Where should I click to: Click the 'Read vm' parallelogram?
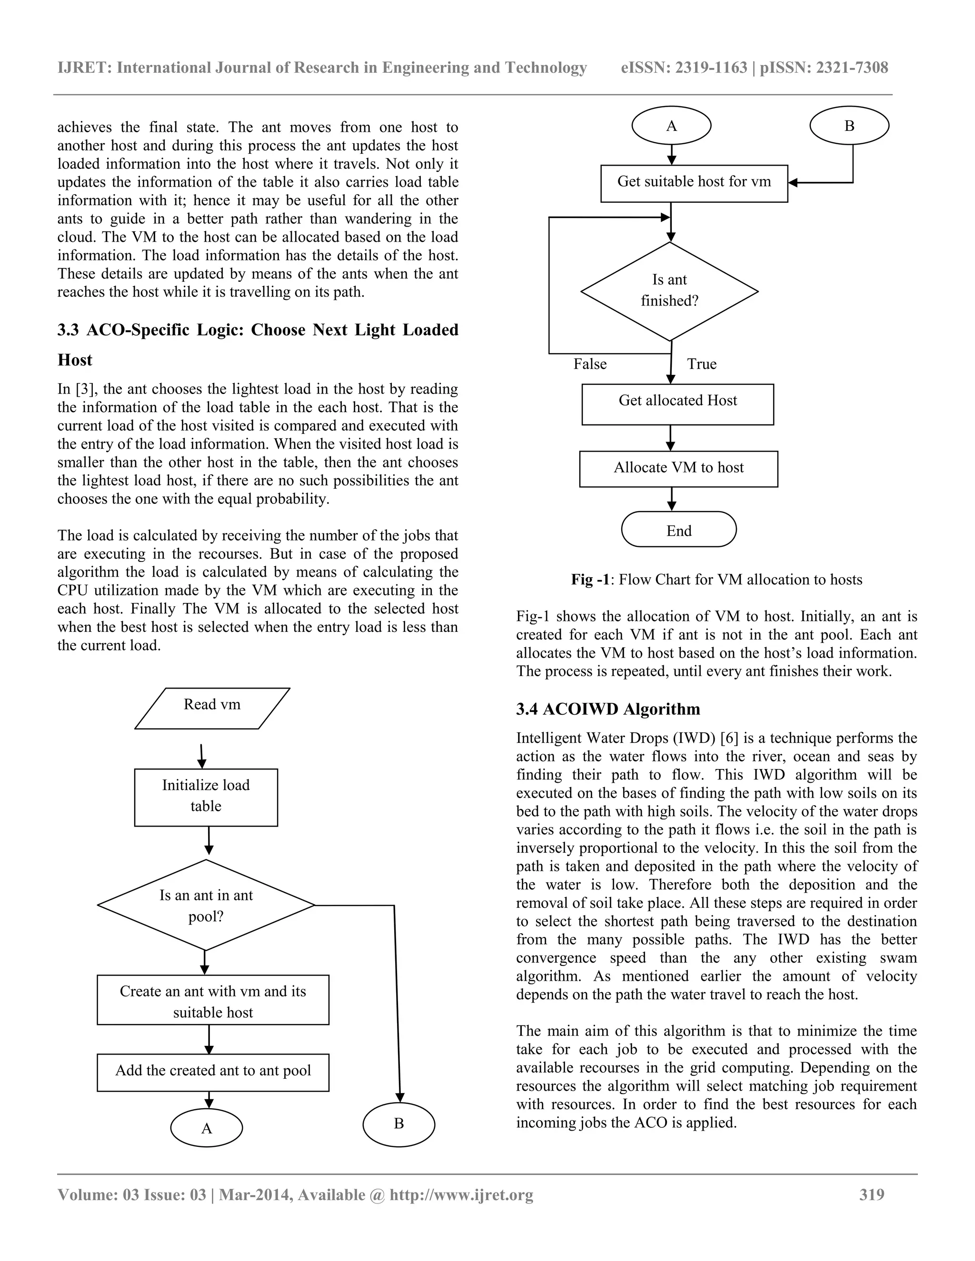212,708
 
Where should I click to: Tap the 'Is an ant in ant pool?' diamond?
206,906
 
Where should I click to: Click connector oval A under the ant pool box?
207,1128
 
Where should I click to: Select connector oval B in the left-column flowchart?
398,1123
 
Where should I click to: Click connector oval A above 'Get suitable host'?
671,126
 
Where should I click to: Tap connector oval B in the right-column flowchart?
849,126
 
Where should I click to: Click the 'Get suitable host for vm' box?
694,182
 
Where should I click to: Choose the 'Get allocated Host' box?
677,404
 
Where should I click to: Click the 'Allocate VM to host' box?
679,468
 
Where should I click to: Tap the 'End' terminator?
679,530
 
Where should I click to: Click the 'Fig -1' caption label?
590,580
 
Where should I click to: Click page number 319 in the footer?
872,1194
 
